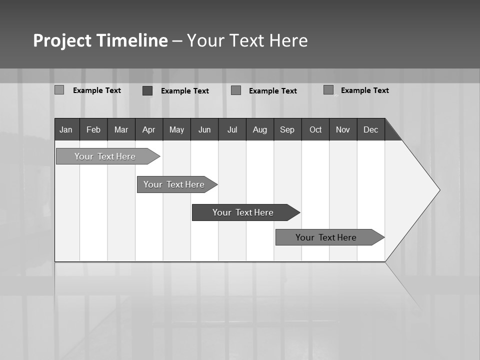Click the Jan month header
(66, 129)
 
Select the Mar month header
(121, 129)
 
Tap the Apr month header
(149, 129)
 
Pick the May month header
(176, 129)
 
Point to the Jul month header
(232, 129)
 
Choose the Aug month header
(260, 129)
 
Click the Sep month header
(287, 129)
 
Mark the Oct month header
(315, 129)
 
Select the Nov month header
(343, 129)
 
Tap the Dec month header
(371, 129)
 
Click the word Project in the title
(62, 40)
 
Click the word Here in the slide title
(288, 40)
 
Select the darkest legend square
(147, 90)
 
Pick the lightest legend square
(59, 90)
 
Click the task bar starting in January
(105, 156)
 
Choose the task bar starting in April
(174, 184)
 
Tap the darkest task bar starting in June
(243, 212)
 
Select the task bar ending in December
(326, 237)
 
